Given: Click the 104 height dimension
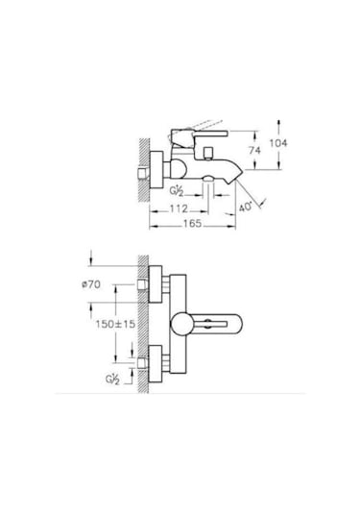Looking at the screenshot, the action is tap(278, 143).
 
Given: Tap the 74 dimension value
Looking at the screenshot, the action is tap(254, 151).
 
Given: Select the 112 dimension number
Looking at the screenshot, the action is tap(179, 208).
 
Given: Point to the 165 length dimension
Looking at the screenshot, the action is tap(192, 223).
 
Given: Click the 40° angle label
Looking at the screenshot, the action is tap(246, 208).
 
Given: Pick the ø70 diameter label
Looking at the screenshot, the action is tap(91, 284).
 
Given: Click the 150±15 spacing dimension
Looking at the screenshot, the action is tap(115, 324).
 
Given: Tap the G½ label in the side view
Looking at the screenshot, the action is tap(177, 190).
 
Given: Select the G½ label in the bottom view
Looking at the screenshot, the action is tap(112, 379).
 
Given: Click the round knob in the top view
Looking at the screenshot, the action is tap(181, 324).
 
